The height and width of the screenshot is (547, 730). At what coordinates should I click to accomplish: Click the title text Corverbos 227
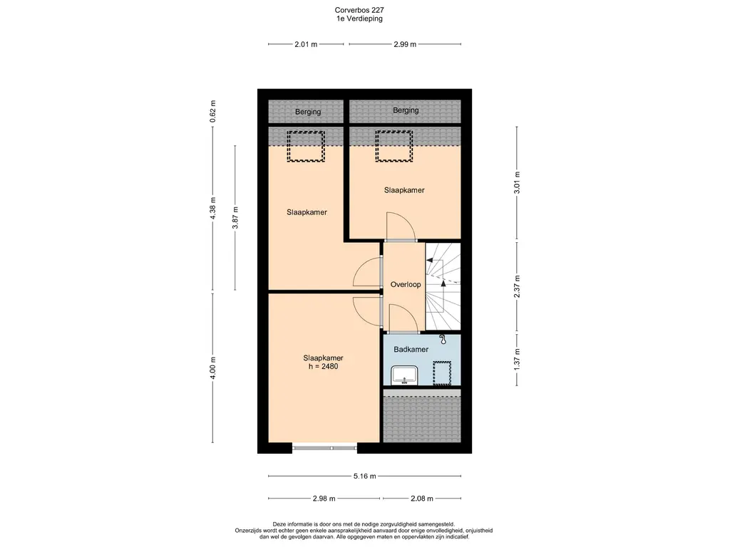359,10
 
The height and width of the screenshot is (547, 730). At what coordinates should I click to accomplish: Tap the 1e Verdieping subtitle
359,19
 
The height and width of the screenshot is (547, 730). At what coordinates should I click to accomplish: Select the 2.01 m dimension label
306,44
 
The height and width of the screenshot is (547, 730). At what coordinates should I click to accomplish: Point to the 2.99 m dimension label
405,44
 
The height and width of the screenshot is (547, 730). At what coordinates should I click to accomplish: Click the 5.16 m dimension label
364,476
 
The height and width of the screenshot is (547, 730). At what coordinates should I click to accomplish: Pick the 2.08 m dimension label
422,499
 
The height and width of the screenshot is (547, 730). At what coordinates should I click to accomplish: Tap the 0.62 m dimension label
212,112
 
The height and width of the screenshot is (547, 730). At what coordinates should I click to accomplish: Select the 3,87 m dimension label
235,218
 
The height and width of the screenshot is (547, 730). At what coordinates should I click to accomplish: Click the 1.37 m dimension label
517,359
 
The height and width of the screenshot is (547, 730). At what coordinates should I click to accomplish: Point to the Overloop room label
406,285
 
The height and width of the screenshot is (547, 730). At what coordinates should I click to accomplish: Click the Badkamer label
411,349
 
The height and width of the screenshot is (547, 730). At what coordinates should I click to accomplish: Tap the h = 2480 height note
324,367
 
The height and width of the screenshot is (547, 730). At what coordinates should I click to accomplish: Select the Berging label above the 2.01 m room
308,112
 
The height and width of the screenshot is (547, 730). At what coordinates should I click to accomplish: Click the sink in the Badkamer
405,375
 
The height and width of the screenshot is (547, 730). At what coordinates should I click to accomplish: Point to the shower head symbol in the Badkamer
443,340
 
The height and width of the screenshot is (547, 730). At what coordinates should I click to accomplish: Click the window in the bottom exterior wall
324,448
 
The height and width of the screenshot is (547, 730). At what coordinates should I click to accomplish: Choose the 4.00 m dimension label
212,368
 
